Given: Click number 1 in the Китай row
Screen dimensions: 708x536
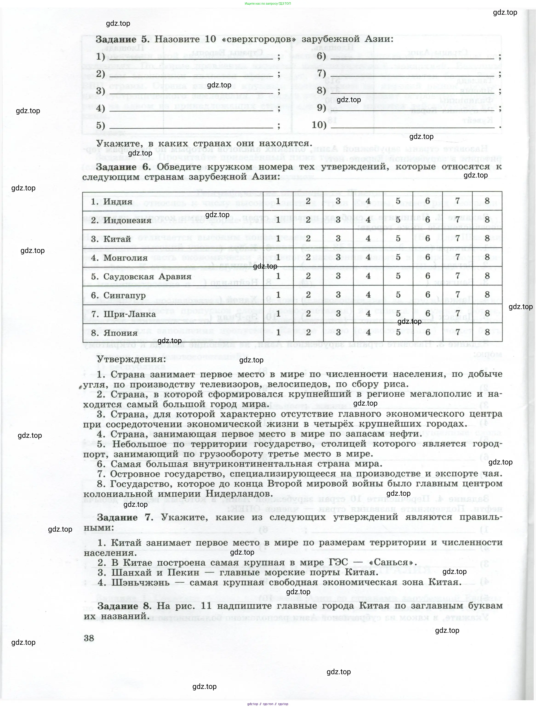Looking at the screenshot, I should (x=278, y=238).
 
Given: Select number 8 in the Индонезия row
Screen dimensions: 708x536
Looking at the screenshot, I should (x=487, y=220).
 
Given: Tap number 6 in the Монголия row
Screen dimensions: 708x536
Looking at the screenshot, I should (x=428, y=257).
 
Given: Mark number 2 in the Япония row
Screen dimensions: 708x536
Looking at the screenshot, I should (x=308, y=332).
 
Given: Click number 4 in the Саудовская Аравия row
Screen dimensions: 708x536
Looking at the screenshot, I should (x=368, y=276).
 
